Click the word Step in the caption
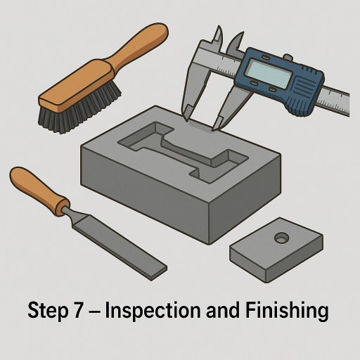pos(48,311)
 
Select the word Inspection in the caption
pos(153,311)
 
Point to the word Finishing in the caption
pos(287,311)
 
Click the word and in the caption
pos(223,310)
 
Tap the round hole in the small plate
pos(281,238)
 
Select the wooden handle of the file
pos(37,188)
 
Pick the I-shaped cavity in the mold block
pos(183,152)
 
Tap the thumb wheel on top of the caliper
pos(288,57)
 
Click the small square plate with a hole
pos(276,250)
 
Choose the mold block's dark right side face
pos(245,199)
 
